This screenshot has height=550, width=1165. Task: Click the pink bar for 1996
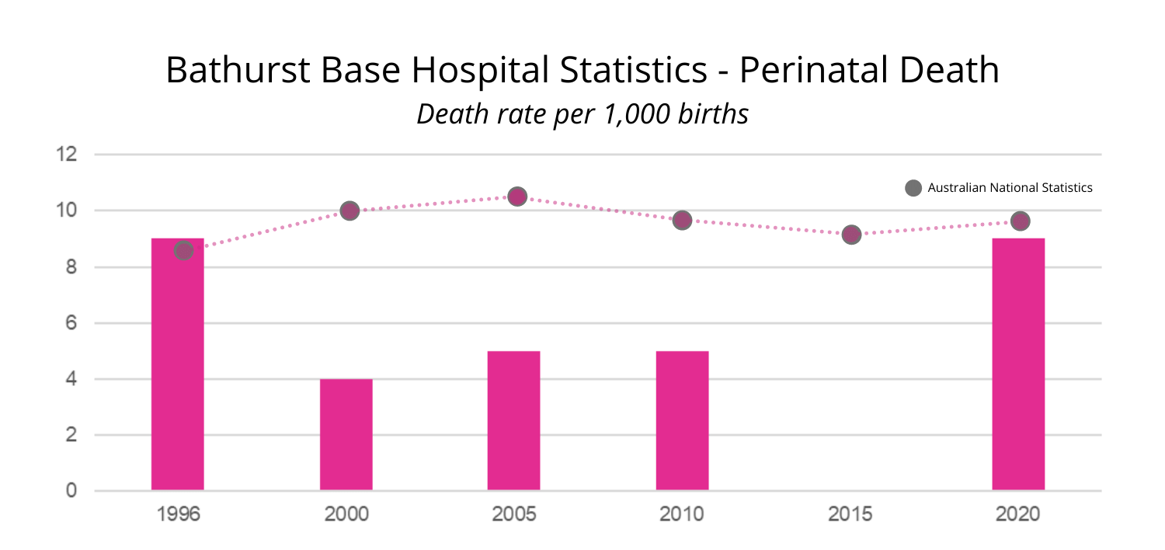point(178,365)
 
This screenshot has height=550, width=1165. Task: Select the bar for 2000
point(346,435)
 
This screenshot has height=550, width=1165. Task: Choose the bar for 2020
point(1018,365)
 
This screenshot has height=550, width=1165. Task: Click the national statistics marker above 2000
point(349,211)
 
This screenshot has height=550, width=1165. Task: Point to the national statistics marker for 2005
point(517,197)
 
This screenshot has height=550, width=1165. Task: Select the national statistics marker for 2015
point(851,234)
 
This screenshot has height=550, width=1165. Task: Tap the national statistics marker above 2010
point(682,220)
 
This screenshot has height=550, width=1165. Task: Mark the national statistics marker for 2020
point(1020,221)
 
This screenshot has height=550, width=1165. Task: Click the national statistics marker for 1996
point(183,250)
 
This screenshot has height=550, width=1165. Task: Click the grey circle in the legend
point(913,188)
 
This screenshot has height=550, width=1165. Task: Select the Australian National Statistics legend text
point(1010,188)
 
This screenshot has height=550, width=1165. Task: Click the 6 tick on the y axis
point(71,322)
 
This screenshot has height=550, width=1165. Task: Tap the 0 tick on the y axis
point(71,491)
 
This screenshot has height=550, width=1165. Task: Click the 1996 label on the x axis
point(178,514)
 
